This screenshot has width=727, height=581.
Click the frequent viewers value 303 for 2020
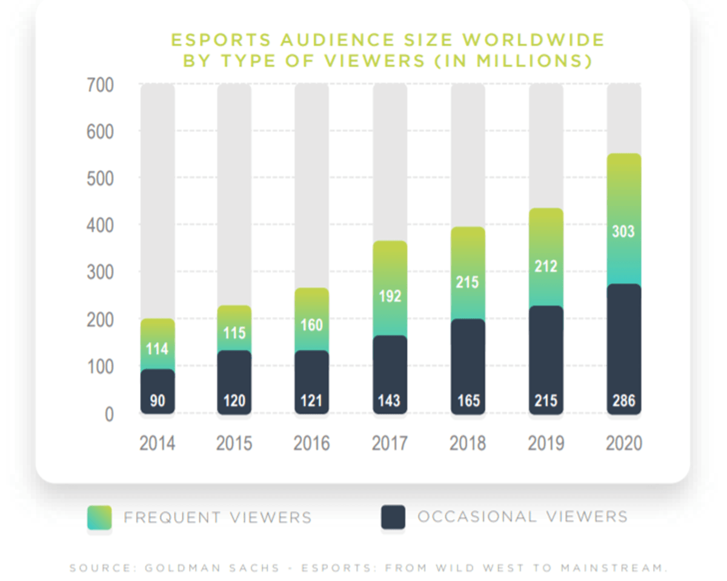[x=624, y=231]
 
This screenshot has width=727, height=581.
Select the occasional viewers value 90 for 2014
[x=158, y=401]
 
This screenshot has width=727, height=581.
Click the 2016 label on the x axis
[x=311, y=443]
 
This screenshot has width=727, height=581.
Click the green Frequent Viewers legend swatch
[x=99, y=517]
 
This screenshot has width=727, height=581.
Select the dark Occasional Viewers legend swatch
[x=393, y=517]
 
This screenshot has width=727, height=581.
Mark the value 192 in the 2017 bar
[x=390, y=297]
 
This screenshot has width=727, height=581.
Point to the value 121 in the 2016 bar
[x=311, y=401]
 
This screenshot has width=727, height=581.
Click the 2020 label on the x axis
[x=624, y=443]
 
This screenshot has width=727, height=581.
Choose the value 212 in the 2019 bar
[x=546, y=266]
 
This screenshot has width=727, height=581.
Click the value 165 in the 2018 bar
[x=468, y=401]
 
